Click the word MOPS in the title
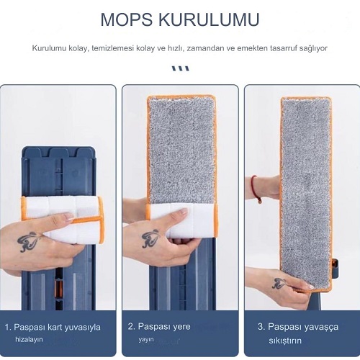[x=127, y=19]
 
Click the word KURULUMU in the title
[x=210, y=19]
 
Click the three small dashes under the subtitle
[x=181, y=68]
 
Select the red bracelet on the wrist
[x=255, y=189]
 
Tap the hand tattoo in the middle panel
[x=150, y=238]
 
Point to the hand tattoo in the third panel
[x=279, y=283]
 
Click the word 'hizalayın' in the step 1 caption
[x=29, y=340]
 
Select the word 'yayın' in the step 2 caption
[x=146, y=340]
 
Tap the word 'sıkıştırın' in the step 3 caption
[x=285, y=341]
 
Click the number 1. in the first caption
[x=8, y=327]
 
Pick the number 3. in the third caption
[x=261, y=327]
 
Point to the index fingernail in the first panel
[x=69, y=217]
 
